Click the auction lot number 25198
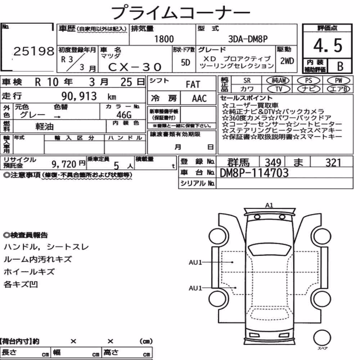click(34, 51)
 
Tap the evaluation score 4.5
click(328, 45)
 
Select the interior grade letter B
click(340, 66)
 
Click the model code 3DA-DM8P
click(248, 39)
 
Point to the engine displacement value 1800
click(164, 39)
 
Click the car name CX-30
click(135, 67)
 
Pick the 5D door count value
click(185, 62)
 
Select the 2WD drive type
click(287, 61)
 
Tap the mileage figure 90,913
click(79, 96)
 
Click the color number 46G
click(124, 114)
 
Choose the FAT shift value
click(193, 85)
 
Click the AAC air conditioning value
click(199, 99)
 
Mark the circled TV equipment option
click(279, 89)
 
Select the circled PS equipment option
click(309, 81)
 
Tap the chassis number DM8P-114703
click(254, 173)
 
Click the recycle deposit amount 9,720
click(64, 164)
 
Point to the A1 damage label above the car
click(269, 205)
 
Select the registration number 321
click(333, 163)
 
